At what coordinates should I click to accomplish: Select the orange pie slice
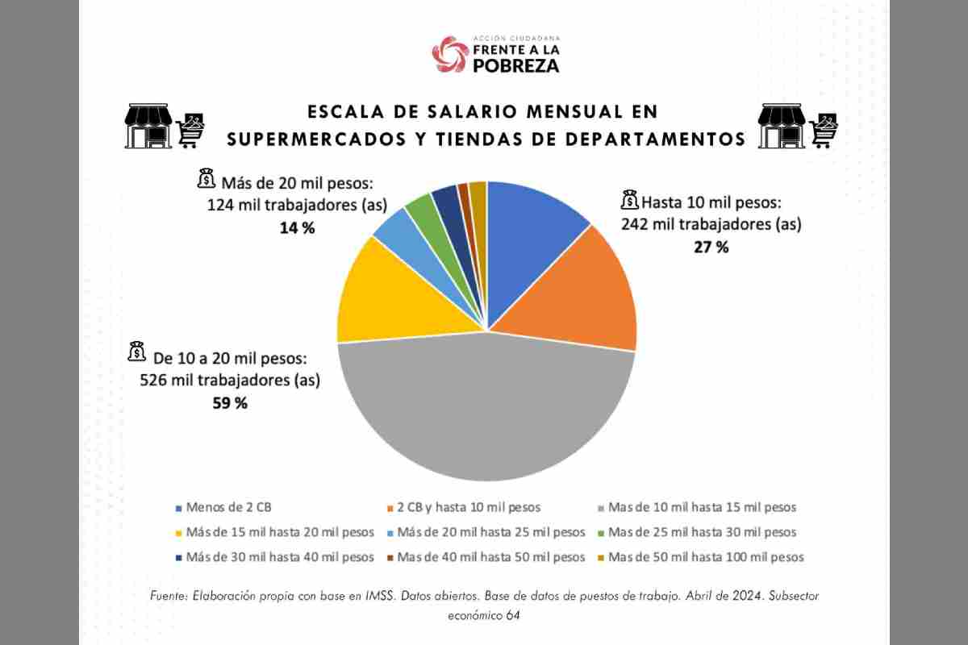589,290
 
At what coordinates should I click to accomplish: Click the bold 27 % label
711,248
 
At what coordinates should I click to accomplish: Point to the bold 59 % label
230,403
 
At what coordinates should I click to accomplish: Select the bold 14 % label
297,228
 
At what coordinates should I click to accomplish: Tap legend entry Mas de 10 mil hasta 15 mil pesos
702,508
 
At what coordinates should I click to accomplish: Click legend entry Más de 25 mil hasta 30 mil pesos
702,532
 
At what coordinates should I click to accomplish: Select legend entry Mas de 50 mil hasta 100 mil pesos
706,557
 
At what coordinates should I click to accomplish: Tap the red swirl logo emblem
450,54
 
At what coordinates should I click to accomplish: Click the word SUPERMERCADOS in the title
318,139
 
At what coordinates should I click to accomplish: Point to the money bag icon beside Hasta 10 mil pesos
629,199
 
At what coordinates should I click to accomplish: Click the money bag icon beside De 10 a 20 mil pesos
136,352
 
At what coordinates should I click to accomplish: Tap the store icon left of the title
148,127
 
